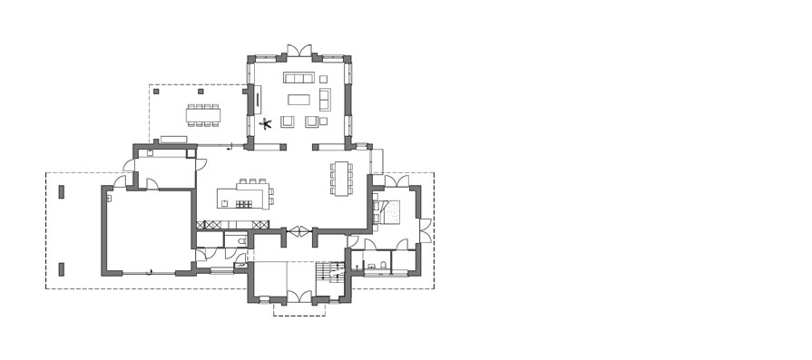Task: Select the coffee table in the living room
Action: [299, 99]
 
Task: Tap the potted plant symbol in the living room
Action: [266, 123]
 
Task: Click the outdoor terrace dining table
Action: [204, 114]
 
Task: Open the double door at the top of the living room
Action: [299, 49]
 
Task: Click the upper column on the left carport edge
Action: [61, 191]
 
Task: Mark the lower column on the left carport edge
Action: [61, 268]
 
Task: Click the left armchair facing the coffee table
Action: [288, 121]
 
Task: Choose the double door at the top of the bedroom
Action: [396, 181]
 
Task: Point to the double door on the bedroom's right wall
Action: [423, 229]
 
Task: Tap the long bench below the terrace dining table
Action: [173, 139]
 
